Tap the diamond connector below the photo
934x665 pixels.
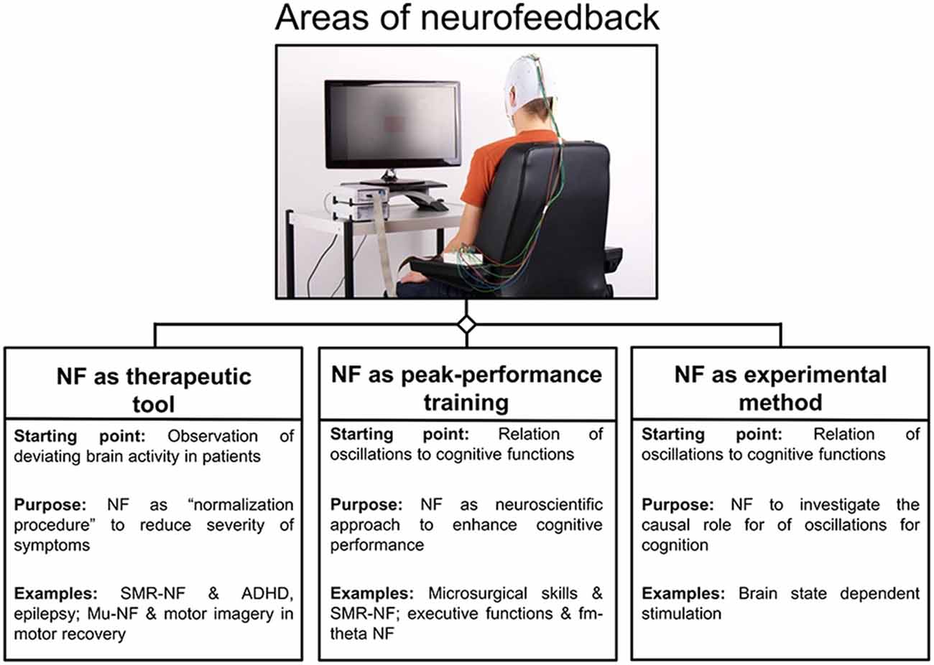click(466, 324)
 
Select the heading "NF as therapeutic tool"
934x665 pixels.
click(154, 389)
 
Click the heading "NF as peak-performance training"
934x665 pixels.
click(466, 388)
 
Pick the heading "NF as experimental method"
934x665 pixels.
click(780, 388)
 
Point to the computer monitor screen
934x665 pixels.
click(393, 124)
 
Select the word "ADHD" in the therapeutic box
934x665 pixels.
click(267, 593)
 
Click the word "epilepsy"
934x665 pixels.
click(47, 614)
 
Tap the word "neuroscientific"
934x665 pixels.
click(549, 505)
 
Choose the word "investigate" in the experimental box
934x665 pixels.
click(839, 505)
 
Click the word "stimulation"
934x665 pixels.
click(681, 614)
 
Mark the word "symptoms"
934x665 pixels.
click(52, 545)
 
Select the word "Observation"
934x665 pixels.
click(213, 436)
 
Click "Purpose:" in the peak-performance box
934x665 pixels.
click(366, 505)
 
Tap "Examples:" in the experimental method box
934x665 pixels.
click(683, 594)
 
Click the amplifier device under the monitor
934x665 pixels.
click(359, 204)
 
